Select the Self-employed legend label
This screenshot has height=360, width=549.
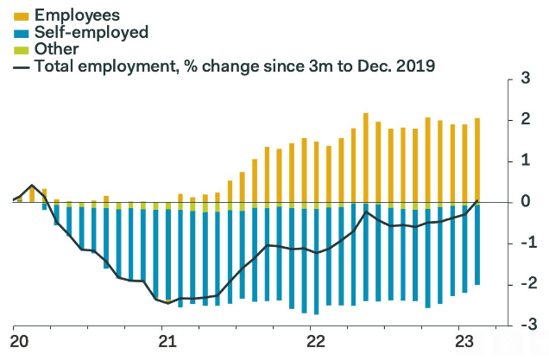91,33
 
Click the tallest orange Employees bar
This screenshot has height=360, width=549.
366,158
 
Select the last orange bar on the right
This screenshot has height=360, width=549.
477,160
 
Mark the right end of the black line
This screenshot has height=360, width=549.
478,201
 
